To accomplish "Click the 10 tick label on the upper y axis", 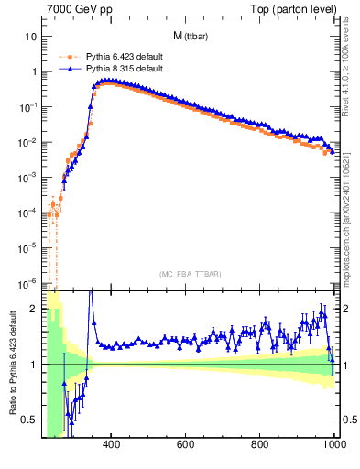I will [x=31, y=37].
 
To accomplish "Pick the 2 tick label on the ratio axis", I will [x=33, y=309].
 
